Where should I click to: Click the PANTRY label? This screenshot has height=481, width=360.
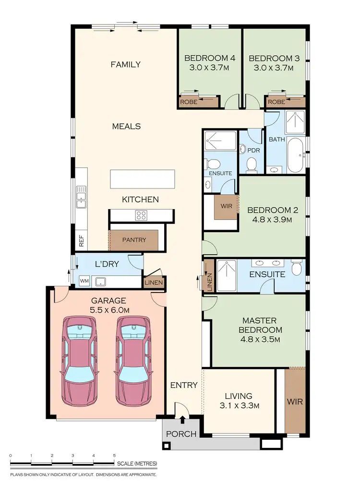134,240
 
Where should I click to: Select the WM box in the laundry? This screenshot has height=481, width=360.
84,281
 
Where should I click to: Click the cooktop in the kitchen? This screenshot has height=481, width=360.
141,215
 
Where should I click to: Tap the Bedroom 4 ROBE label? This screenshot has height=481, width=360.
188,102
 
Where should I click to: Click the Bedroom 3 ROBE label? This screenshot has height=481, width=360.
276,102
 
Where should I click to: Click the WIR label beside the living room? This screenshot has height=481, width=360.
295,401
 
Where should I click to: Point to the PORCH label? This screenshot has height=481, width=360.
181,434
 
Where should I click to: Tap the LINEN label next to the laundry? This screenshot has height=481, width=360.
154,283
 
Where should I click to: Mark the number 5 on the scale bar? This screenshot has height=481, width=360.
114,455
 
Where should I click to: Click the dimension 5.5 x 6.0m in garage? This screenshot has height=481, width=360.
108,310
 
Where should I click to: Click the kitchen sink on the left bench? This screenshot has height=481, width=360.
81,197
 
